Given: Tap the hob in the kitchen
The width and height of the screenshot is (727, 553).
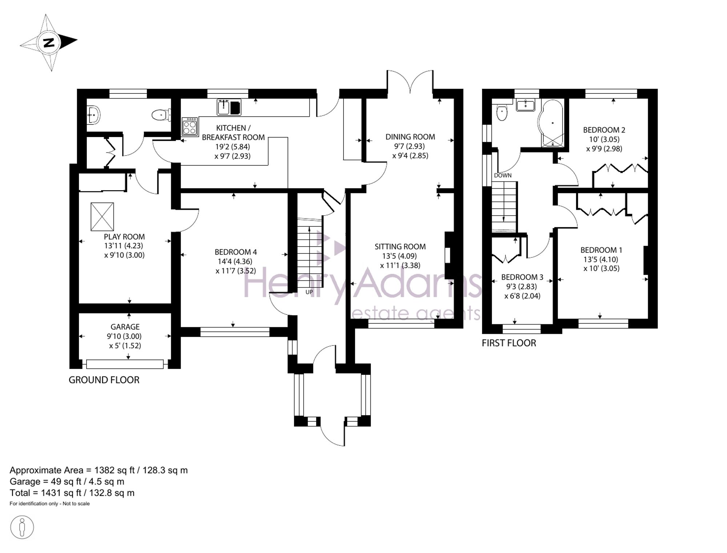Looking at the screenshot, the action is click(190, 127).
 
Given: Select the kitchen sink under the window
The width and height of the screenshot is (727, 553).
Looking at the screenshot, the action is click(229, 107).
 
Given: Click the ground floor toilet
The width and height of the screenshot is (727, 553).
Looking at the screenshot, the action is click(161, 115).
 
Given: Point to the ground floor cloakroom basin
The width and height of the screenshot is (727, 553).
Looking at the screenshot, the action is click(93, 115).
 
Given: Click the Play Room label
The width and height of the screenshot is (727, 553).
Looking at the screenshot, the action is click(124, 237).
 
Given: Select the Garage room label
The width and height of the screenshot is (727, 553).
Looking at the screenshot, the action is click(125, 327).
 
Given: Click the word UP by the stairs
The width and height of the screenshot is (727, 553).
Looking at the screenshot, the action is click(309, 292).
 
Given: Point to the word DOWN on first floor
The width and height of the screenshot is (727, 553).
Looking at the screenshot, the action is click(503, 175).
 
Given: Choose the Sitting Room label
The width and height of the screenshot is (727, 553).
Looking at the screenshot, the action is click(400, 247).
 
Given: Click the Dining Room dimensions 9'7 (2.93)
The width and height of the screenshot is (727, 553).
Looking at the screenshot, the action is click(410, 146).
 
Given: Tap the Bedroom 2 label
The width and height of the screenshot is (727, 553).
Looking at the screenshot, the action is click(604, 130).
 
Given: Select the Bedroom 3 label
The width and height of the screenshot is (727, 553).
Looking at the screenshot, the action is click(522, 277).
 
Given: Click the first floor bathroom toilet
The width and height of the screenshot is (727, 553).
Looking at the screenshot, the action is click(502, 112).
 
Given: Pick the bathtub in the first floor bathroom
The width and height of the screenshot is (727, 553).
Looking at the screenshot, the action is click(552, 124).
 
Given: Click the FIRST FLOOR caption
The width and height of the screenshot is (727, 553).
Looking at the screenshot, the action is click(509, 343).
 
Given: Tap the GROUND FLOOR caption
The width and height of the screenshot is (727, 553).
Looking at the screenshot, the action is click(104, 380).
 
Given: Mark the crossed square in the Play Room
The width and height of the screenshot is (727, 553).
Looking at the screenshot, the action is click(102, 217).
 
